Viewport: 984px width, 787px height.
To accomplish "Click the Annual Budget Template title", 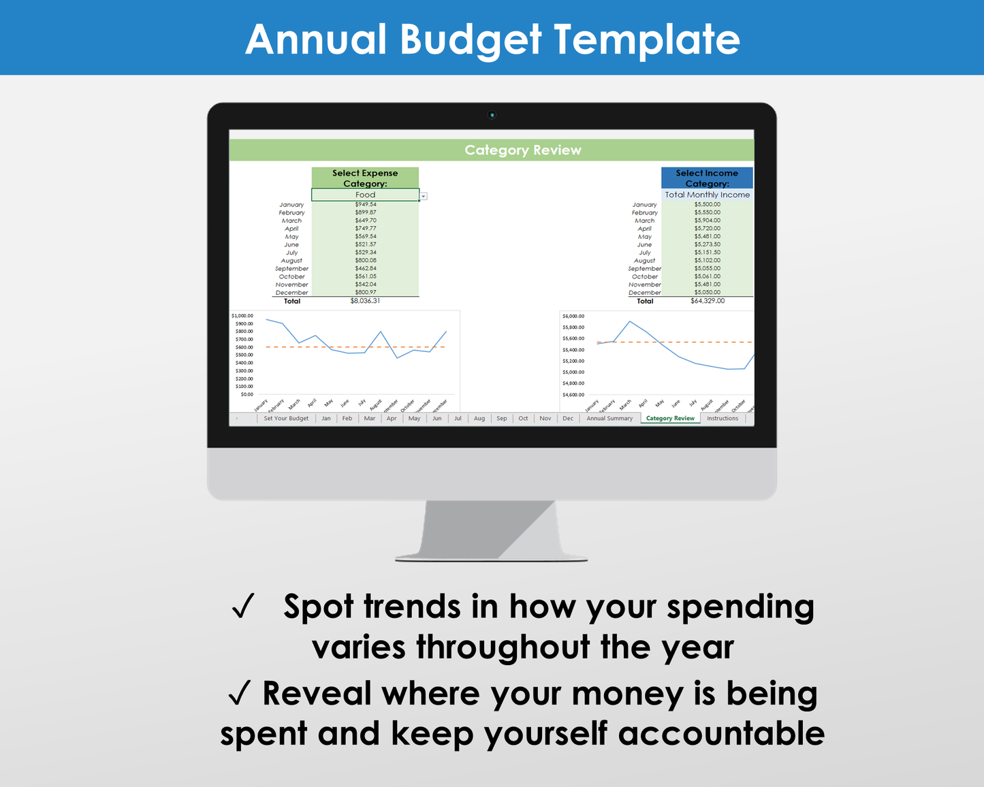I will coord(492,39).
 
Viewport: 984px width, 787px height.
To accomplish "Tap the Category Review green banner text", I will coord(522,150).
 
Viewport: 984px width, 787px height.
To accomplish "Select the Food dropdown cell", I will coord(365,195).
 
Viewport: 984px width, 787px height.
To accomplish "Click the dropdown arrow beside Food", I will coord(424,196).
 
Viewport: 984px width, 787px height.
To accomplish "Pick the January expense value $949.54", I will coord(365,204).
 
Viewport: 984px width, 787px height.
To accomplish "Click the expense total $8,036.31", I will coord(365,301).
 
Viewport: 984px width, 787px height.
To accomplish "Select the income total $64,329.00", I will coord(708,301).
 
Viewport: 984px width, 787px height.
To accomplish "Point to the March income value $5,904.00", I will coord(708,221).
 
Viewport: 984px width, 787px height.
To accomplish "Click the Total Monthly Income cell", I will coord(707,195).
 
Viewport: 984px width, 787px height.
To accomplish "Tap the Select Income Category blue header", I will coord(707,178).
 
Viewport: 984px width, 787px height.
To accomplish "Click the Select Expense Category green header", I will coord(365,178).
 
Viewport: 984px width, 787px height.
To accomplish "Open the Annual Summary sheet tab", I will coord(609,419).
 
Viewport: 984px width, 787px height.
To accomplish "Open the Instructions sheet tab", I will coord(722,419).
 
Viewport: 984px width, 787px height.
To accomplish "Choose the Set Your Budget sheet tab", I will coord(286,419).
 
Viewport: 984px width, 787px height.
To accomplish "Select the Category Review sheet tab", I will coord(670,419).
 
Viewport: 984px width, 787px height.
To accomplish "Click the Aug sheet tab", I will coord(479,419).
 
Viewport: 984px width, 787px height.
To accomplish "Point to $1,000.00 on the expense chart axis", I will coord(242,316).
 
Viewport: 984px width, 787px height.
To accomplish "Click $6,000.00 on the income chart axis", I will coord(573,317).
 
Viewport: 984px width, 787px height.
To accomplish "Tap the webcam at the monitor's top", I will coord(492,115).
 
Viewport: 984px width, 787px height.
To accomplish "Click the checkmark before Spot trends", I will coord(243,606).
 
